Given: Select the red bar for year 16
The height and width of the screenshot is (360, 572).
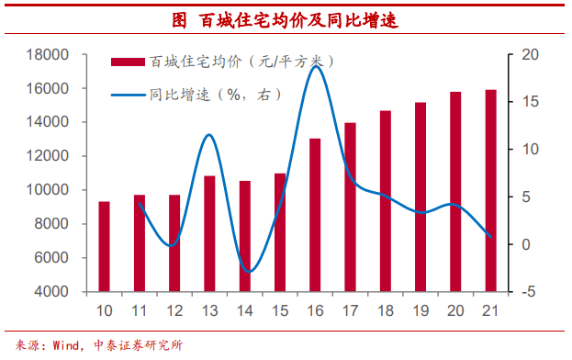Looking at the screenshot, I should [315, 215].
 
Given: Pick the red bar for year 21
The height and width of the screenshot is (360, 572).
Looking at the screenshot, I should [490, 190].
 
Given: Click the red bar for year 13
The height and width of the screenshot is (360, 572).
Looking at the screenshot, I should [209, 233].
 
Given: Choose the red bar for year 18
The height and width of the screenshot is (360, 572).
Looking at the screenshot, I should [385, 201].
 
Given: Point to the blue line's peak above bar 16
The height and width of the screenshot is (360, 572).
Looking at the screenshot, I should [315, 66].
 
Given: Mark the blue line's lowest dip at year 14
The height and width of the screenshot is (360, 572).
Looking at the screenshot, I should [246, 272].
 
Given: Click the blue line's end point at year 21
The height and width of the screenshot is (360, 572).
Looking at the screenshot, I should [490, 237].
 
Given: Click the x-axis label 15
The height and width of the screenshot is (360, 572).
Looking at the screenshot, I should [280, 310].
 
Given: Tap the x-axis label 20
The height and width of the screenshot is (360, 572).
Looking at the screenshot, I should [455, 310].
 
